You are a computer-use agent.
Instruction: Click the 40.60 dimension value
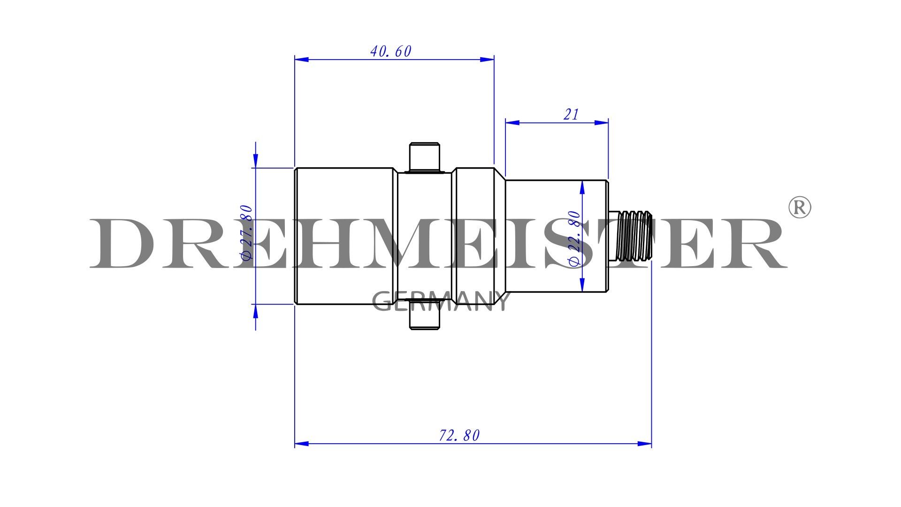click(x=390, y=51)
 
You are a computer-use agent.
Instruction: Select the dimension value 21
click(x=571, y=115)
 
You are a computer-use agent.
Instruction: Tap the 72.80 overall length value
click(x=459, y=436)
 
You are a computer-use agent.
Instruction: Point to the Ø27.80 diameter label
click(x=246, y=232)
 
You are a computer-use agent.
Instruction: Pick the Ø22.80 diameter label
click(x=574, y=238)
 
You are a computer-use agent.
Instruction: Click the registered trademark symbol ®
click(x=799, y=207)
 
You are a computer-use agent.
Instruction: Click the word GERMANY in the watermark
click(x=440, y=301)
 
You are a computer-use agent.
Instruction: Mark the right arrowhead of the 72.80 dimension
click(x=645, y=444)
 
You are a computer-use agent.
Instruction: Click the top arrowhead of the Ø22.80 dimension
click(x=582, y=187)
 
